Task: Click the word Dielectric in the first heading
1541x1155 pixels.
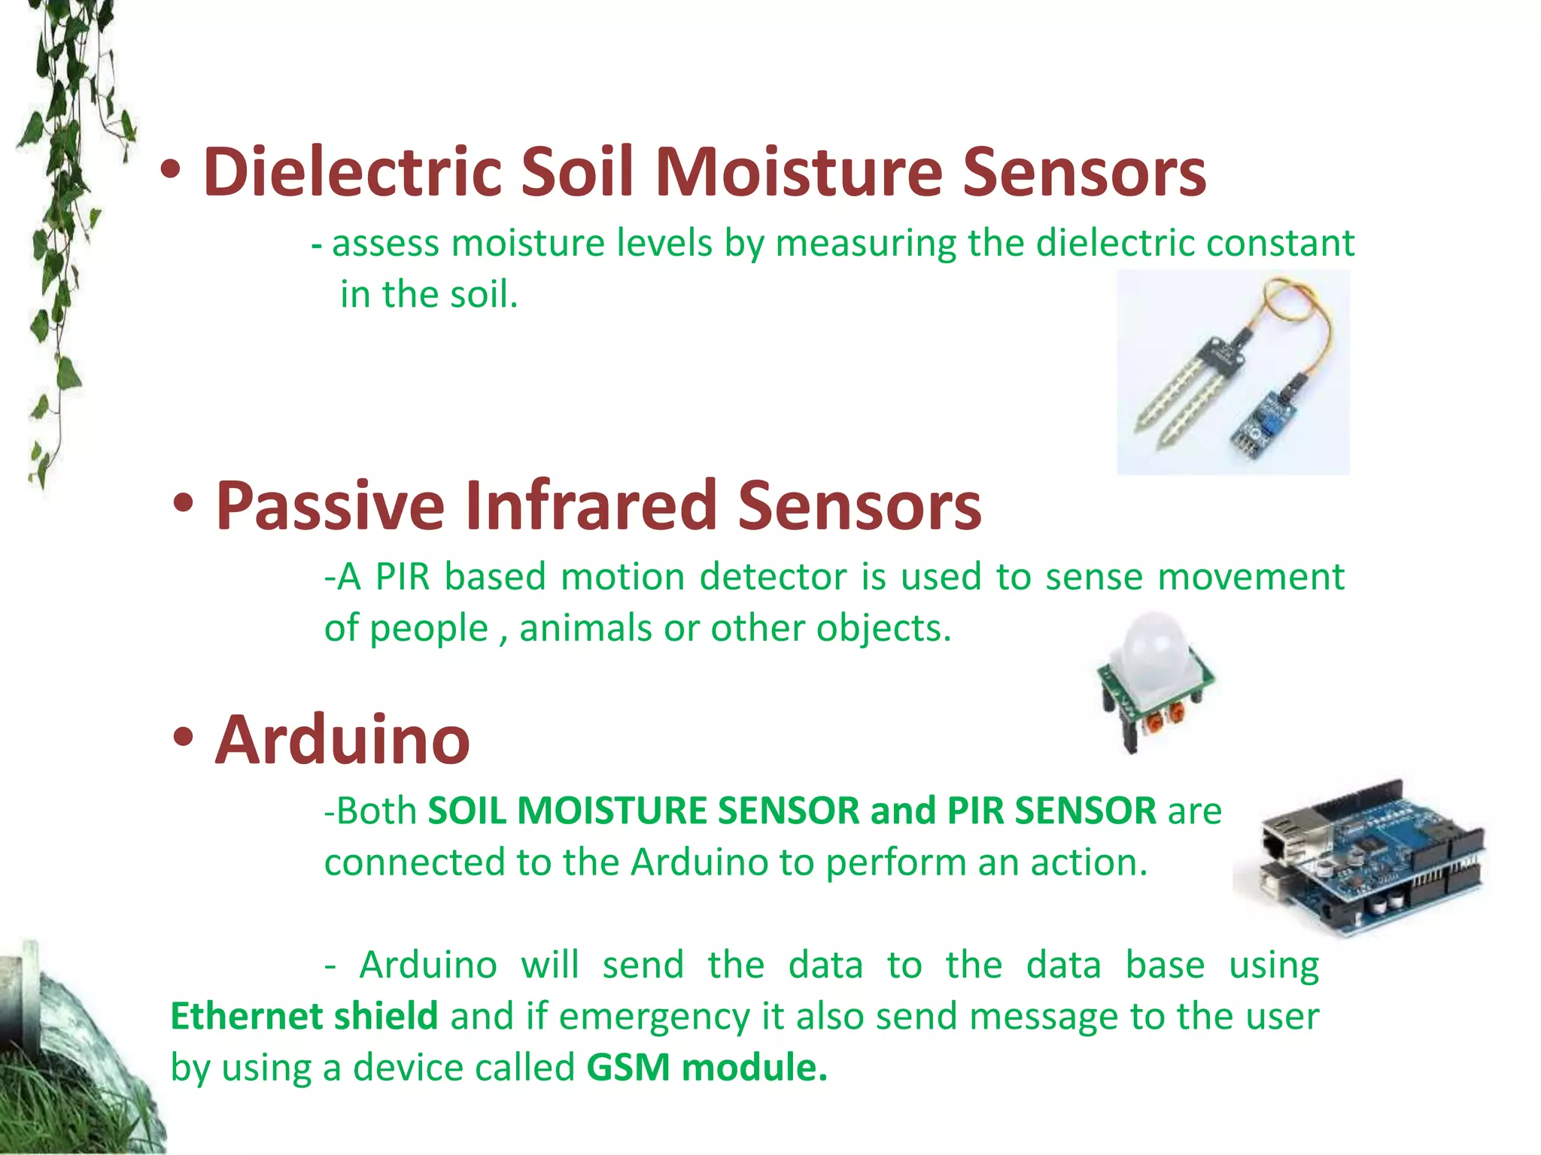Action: pyautogui.click(x=352, y=172)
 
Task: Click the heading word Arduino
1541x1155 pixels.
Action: pyautogui.click(x=342, y=741)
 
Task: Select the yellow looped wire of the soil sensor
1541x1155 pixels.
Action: pyautogui.click(x=1309, y=323)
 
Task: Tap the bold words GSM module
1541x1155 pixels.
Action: pyautogui.click(x=707, y=1067)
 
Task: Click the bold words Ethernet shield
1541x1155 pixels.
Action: pyautogui.click(x=304, y=1016)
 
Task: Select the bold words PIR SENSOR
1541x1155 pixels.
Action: pyautogui.click(x=1051, y=811)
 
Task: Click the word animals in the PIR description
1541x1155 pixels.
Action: pyautogui.click(x=585, y=628)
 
